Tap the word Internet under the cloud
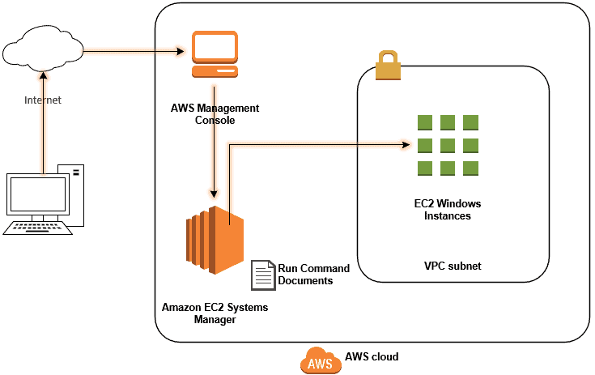pos(43,100)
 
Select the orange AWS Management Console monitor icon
pos(215,53)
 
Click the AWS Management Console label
pos(215,114)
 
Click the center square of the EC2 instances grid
pos(448,146)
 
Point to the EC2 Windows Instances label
pos(448,210)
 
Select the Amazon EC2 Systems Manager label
pos(215,313)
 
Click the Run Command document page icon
pos(262,275)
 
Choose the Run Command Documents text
pos(314,275)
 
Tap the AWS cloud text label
pos(372,356)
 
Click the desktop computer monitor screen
pos(37,195)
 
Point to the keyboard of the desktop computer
pos(37,228)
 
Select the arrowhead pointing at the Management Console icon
pos(182,53)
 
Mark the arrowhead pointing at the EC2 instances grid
pos(405,146)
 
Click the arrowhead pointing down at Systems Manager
pos(214,194)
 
